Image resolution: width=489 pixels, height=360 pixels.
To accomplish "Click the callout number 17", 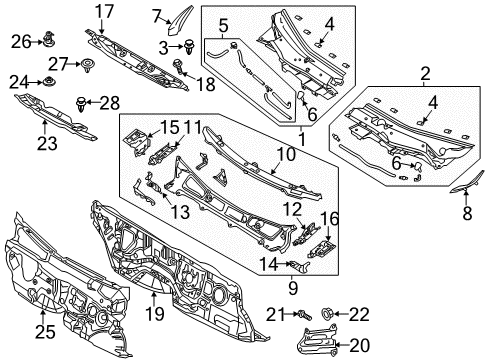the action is click(x=105, y=12).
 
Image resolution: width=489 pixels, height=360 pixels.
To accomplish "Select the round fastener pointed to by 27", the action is click(x=88, y=64).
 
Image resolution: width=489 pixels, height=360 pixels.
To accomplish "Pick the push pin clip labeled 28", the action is click(x=81, y=104).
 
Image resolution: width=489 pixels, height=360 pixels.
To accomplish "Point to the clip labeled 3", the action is click(x=190, y=47).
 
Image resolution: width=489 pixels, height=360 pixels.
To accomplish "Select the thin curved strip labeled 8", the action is click(x=466, y=183).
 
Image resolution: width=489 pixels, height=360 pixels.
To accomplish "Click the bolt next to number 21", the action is click(x=304, y=315).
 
